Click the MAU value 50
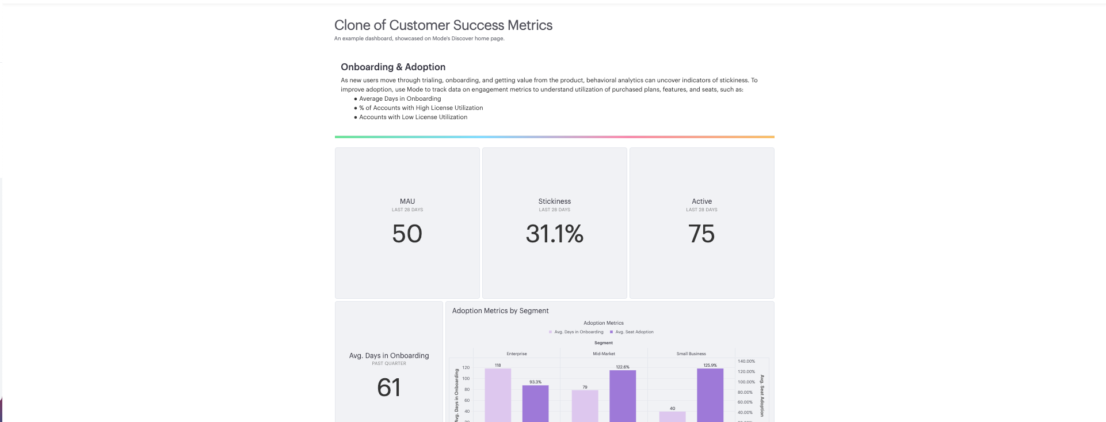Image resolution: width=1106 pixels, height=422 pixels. click(407, 234)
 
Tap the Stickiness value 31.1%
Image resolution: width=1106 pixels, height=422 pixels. click(554, 234)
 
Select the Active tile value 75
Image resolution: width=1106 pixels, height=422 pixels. click(701, 234)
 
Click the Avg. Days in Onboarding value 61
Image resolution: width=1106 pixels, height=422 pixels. click(389, 387)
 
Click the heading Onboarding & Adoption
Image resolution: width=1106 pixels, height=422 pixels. click(393, 67)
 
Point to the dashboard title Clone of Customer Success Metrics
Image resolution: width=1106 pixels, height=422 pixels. click(443, 25)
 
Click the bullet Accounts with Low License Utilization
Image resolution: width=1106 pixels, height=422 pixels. click(413, 117)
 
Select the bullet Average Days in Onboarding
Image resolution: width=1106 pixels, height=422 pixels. click(400, 98)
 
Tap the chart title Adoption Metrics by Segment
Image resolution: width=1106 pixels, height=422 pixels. click(500, 311)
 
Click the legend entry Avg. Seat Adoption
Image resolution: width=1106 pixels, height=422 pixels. click(634, 332)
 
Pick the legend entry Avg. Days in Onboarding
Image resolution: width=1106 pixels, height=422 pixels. click(578, 332)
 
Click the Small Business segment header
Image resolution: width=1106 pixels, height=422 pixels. click(691, 353)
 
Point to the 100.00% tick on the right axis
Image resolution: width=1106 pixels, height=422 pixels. click(746, 382)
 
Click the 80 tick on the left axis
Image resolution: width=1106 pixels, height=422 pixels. click(467, 390)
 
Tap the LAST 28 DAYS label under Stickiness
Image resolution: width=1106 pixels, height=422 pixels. click(554, 210)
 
